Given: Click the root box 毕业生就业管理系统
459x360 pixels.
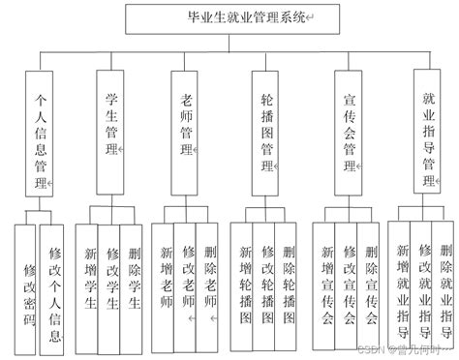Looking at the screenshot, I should [229, 16].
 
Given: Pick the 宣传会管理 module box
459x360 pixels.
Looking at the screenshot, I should [350, 126].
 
